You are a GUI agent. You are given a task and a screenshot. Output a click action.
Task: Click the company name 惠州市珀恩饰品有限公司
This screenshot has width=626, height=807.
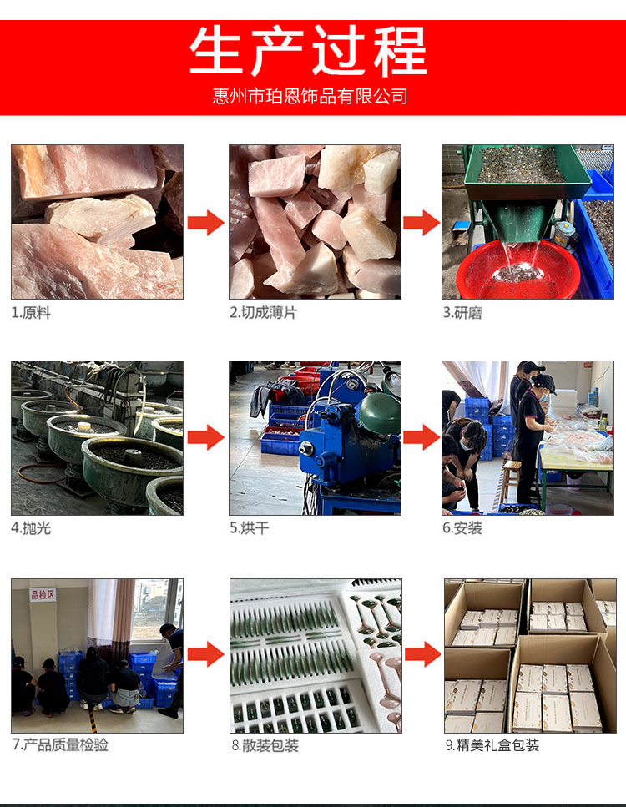pyautogui.click(x=310, y=95)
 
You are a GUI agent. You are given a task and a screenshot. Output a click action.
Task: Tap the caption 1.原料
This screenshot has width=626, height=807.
pyautogui.click(x=31, y=313)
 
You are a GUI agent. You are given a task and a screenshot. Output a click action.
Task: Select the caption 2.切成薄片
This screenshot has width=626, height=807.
pyautogui.click(x=263, y=313)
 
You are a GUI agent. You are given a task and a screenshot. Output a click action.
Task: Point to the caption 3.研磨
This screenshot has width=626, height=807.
pyautogui.click(x=462, y=313)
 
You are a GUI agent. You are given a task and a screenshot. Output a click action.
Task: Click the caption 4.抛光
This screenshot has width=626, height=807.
pyautogui.click(x=31, y=528)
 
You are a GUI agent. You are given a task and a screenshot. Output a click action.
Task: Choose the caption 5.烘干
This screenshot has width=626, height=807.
pyautogui.click(x=250, y=528)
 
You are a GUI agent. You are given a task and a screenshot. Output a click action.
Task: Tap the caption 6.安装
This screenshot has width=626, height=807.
pyautogui.click(x=462, y=528)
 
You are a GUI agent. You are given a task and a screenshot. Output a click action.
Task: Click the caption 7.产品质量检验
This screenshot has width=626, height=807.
pyautogui.click(x=60, y=744)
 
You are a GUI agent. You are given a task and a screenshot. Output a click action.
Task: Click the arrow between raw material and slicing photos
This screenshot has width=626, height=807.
pyautogui.click(x=205, y=223)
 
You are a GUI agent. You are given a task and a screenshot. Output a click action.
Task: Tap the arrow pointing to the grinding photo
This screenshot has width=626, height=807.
pyautogui.click(x=422, y=223)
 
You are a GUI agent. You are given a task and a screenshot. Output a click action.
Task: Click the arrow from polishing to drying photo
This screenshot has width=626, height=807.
pyautogui.click(x=205, y=437)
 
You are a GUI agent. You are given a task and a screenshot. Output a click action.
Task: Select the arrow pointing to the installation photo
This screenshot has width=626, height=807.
pyautogui.click(x=422, y=437)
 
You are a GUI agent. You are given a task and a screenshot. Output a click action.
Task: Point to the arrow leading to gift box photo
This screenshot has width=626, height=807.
pyautogui.click(x=422, y=655)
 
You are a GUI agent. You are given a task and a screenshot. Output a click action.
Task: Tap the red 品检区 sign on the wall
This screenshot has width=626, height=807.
pyautogui.click(x=42, y=594)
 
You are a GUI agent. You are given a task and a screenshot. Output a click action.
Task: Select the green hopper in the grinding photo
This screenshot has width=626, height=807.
pyautogui.click(x=526, y=179)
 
